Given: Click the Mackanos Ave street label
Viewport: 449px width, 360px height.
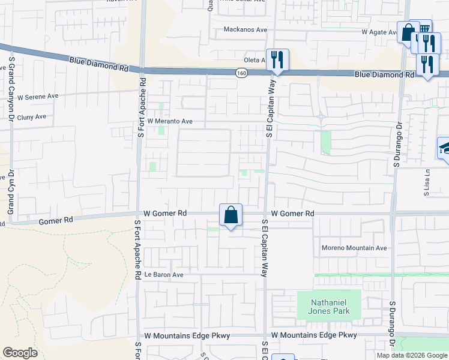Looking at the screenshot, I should (x=245, y=29).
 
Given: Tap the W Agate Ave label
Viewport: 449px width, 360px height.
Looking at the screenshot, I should (x=379, y=32).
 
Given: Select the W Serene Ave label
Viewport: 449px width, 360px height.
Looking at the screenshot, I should (x=38, y=96).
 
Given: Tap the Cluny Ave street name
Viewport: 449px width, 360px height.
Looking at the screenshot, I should (x=32, y=117).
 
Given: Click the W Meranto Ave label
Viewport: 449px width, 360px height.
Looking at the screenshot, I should (x=170, y=121).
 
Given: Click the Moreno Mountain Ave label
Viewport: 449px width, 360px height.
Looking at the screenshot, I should (x=354, y=248).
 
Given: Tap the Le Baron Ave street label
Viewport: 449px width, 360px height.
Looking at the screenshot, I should (x=164, y=274).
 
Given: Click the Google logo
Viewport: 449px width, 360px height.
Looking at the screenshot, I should (x=20, y=353).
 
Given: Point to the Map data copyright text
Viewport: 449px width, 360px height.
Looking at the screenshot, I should (x=412, y=355).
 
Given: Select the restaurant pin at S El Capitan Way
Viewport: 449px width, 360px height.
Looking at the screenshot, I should (x=277, y=59).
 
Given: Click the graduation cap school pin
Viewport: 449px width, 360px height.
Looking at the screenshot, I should (x=444, y=148).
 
